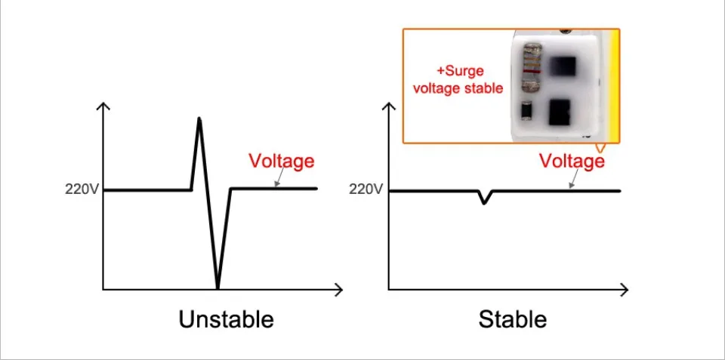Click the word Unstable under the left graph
[226, 319]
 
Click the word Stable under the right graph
[512, 319]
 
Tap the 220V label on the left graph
[82, 189]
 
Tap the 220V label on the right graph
[366, 189]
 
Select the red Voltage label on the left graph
[281, 161]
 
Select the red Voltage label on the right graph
[572, 161]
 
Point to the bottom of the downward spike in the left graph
[217, 287]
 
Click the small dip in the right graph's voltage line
[484, 201]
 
